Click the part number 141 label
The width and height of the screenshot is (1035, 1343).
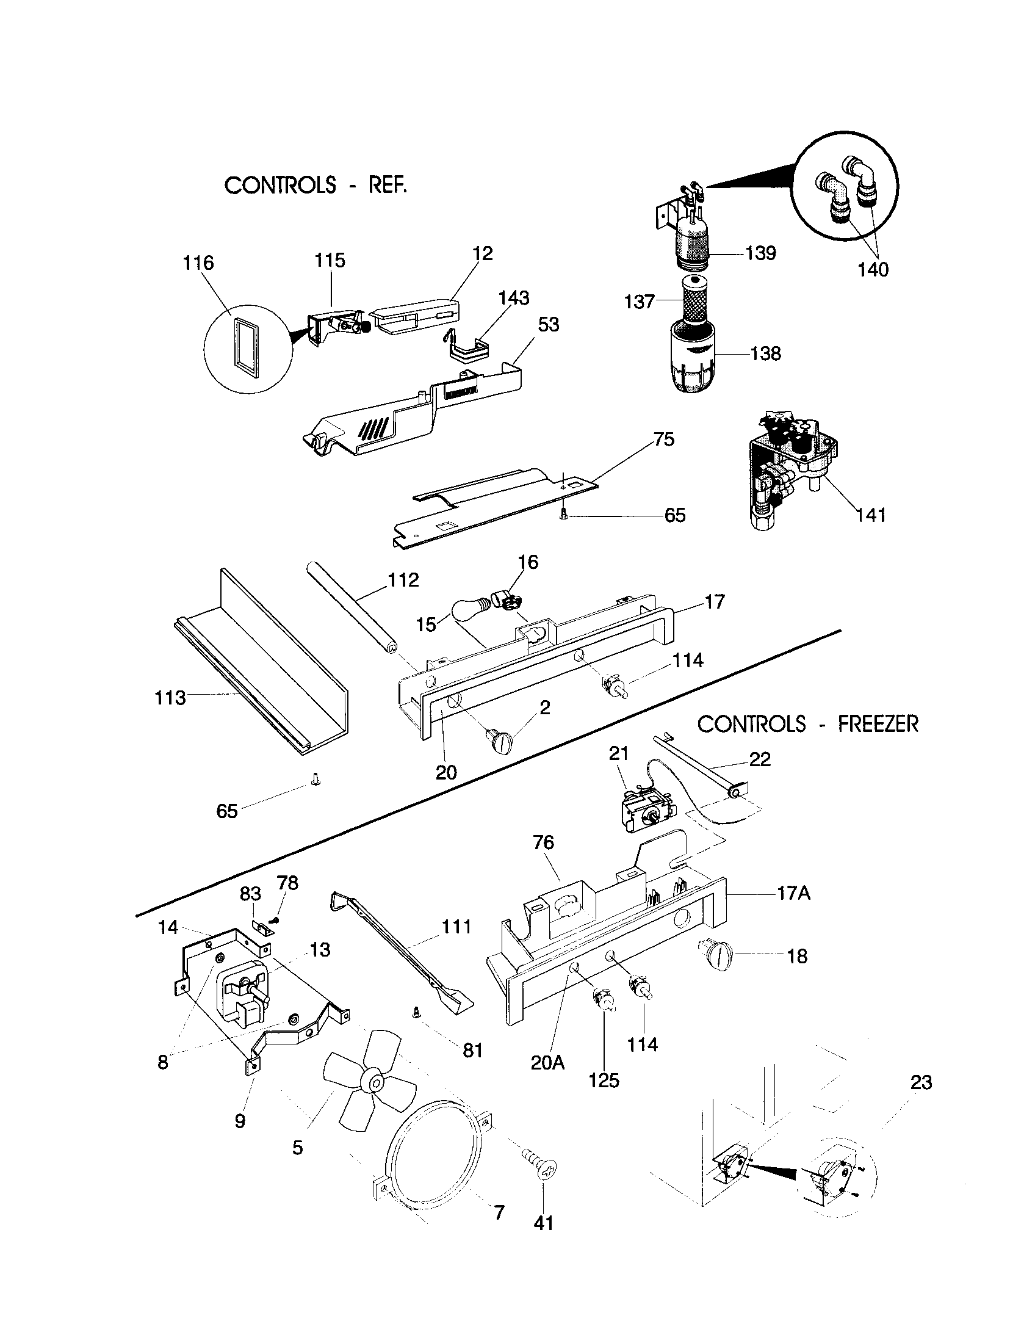(871, 515)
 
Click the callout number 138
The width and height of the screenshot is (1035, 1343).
(765, 353)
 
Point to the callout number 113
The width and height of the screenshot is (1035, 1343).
(170, 698)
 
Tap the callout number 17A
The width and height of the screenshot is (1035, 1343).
(793, 893)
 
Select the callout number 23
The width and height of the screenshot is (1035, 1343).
(921, 1082)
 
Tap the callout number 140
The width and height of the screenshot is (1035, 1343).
(873, 269)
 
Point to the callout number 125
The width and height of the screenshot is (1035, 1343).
(604, 1080)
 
